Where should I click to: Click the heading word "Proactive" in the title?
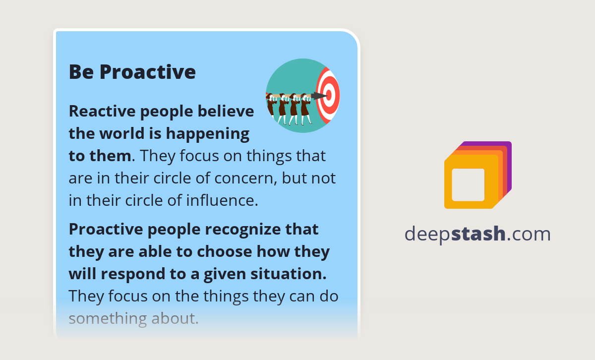tap(147, 72)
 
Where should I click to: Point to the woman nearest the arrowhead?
tap(305, 107)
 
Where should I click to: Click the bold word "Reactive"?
tap(101, 111)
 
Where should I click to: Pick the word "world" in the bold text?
tap(118, 133)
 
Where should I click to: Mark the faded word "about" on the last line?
tap(172, 318)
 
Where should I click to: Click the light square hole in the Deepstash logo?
tap(468, 184)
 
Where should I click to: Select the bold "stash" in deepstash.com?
tap(478, 234)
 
